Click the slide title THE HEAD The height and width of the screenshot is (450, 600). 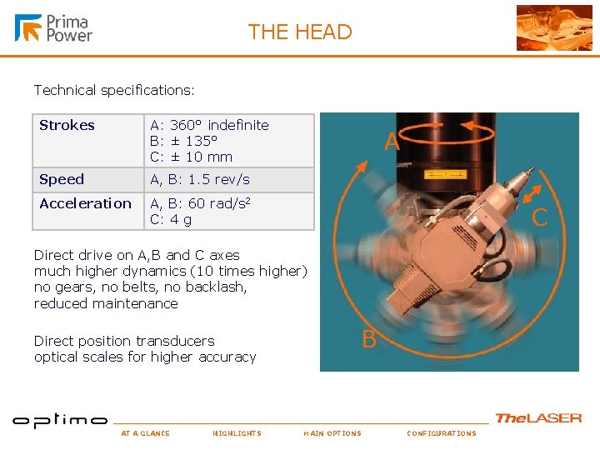point(300,32)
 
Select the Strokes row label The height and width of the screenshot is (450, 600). point(67,126)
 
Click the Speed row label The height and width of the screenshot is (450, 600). point(62,180)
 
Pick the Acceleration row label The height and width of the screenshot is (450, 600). point(86,204)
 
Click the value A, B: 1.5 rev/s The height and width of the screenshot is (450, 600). point(199,180)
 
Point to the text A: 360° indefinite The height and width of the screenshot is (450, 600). point(209,126)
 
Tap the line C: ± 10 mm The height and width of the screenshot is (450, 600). point(191,157)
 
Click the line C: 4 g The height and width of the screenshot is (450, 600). point(171,220)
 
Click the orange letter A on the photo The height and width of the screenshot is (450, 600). point(392,144)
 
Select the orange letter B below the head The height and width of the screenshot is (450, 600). point(368,340)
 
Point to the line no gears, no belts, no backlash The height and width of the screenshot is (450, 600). point(140,287)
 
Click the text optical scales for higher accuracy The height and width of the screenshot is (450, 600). point(145,357)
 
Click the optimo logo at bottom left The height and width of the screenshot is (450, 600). point(60,420)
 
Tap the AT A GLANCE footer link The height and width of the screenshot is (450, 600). point(145,433)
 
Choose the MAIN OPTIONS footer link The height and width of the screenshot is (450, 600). point(332,433)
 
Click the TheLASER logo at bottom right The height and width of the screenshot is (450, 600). point(538,418)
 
